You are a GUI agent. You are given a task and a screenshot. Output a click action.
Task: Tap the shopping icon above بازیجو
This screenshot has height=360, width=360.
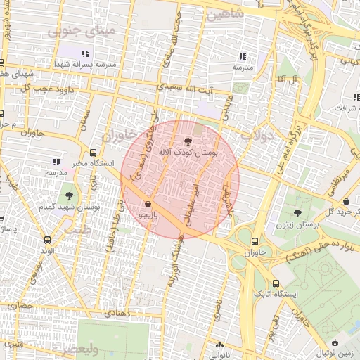tap(146, 205)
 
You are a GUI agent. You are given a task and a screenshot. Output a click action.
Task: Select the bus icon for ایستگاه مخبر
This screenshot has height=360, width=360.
tap(94, 154)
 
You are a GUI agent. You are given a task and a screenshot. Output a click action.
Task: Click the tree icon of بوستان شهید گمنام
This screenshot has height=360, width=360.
tap(70, 195)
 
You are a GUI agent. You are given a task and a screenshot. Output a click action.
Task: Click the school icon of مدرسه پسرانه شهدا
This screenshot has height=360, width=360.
tap(85, 53)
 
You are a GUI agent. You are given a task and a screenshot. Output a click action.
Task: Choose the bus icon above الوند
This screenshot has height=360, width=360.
tap(47, 239)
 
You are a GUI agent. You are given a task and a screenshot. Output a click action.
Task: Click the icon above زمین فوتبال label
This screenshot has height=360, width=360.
tap(335, 342)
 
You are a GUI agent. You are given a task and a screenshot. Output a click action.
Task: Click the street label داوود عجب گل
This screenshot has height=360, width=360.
tap(32, 88)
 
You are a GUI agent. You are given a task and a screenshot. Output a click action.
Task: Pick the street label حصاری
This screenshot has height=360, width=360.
tap(21, 307)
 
